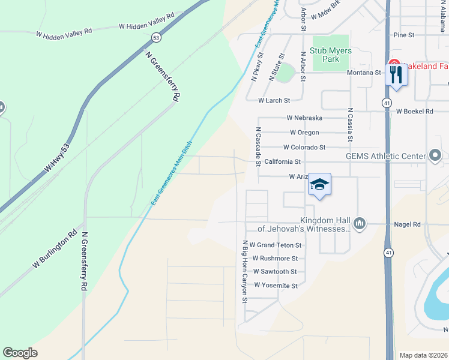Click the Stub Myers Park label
[331, 55]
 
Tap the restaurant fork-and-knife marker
[396, 75]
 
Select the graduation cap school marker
[319, 185]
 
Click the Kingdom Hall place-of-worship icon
[359, 223]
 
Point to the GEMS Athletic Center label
[385, 156]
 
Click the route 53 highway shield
[156, 38]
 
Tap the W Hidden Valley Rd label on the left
[64, 31]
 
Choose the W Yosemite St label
[276, 286]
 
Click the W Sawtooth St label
[275, 272]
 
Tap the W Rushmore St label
[275, 259]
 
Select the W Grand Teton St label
[275, 245]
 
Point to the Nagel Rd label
[408, 224]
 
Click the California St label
[282, 161]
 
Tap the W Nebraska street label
[304, 118]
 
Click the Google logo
[20, 353]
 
